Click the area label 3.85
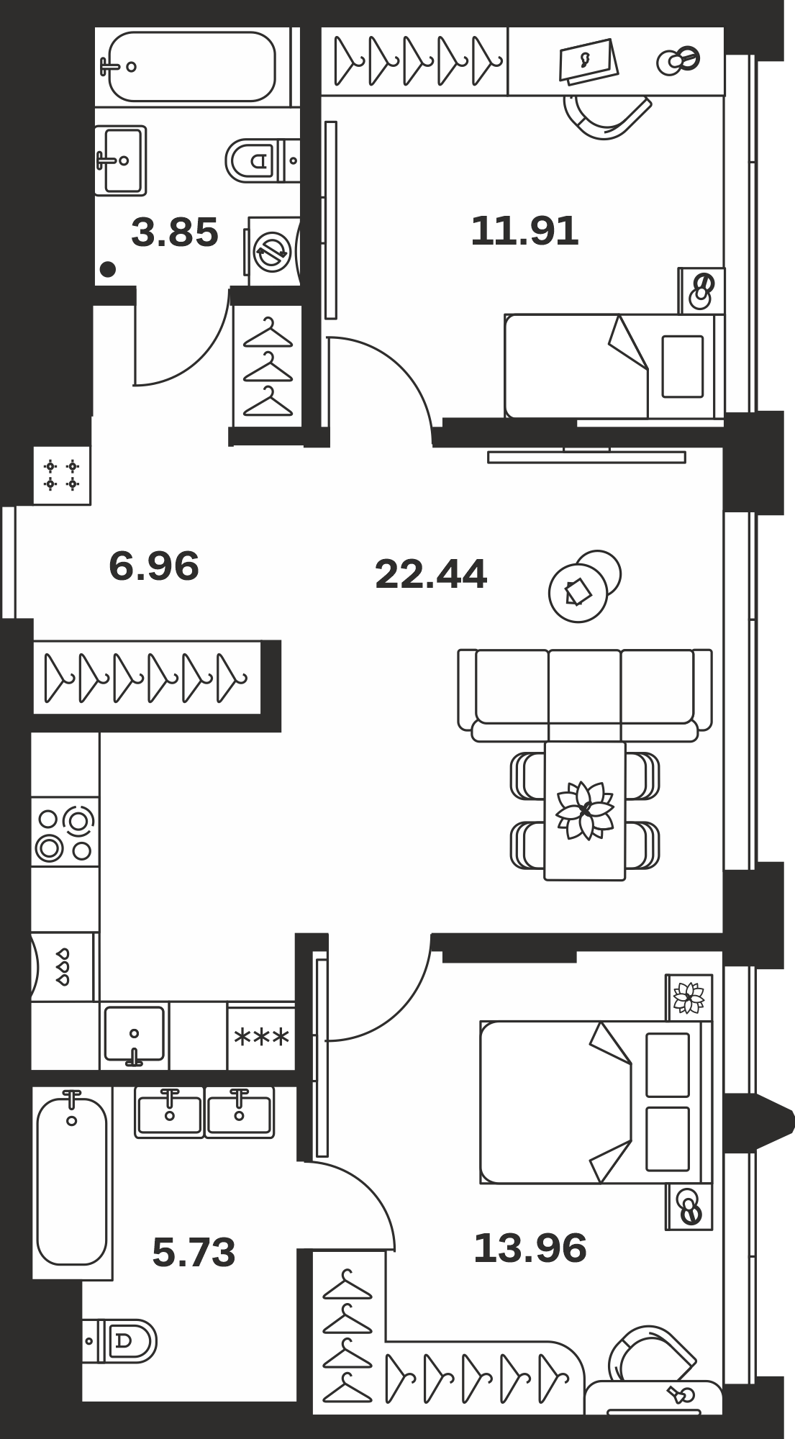(175, 233)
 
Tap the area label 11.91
(524, 232)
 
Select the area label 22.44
(431, 574)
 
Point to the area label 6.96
(154, 566)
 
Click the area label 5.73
(194, 1252)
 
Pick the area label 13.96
(530, 1248)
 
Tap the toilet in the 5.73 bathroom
(119, 1340)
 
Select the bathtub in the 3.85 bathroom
(191, 66)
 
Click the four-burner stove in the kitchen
(65, 832)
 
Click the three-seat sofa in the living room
(585, 695)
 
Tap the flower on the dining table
(585, 811)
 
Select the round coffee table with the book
(578, 593)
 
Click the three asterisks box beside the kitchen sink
(261, 1037)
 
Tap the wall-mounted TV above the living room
(586, 456)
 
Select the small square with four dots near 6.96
(62, 475)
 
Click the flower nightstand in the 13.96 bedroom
(689, 998)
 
